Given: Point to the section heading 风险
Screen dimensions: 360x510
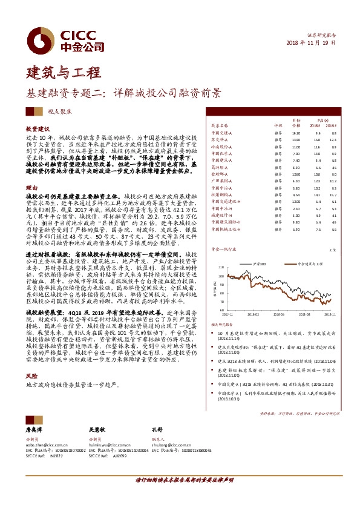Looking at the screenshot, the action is click(x=31, y=376).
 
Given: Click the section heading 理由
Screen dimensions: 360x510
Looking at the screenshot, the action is click(x=31, y=188).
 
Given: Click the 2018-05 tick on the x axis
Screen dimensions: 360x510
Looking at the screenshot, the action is click(x=258, y=315).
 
